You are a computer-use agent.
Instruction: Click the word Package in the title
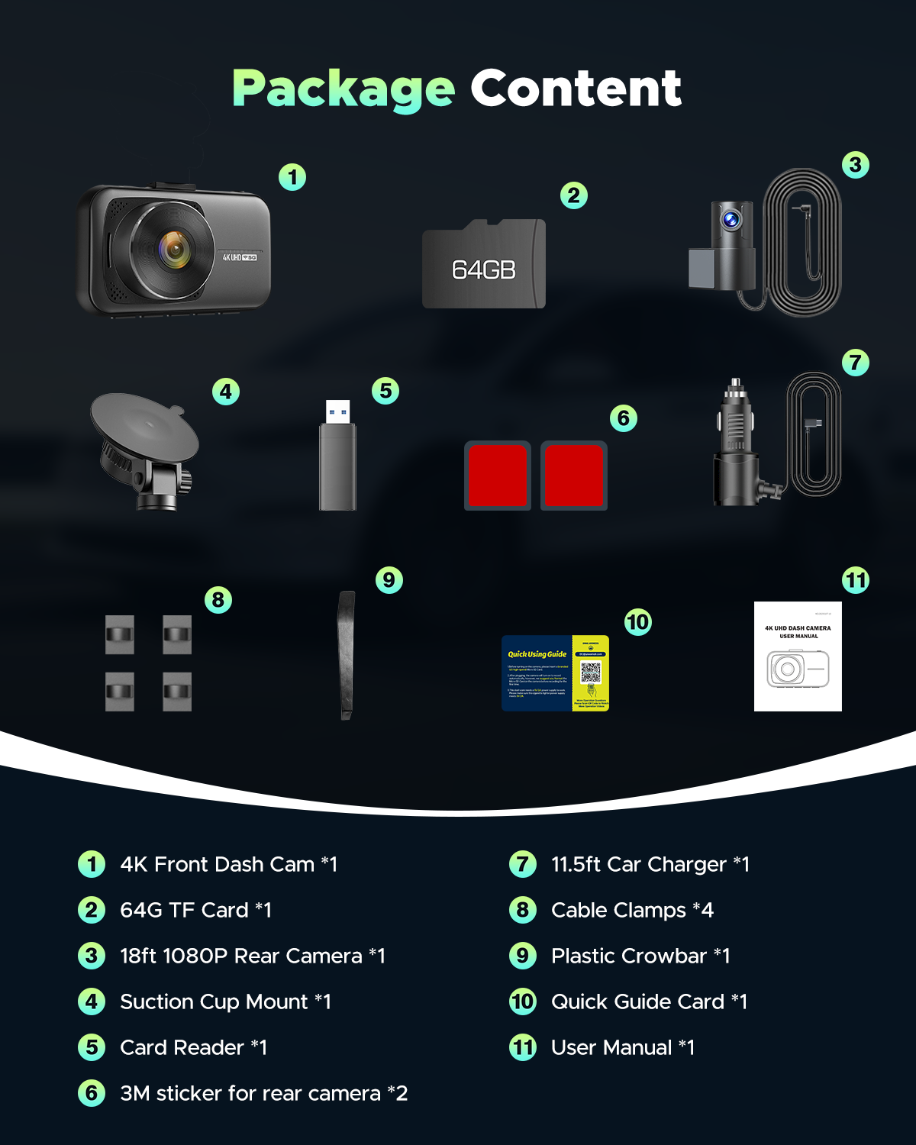pos(343,89)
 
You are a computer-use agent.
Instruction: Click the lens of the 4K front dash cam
pos(174,249)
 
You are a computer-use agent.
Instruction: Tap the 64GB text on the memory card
pos(483,269)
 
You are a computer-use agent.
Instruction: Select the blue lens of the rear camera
pos(731,221)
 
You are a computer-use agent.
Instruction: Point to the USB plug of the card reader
pos(337,412)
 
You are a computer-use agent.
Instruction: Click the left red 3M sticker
pos(497,476)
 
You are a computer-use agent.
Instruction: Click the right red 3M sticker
pos(574,476)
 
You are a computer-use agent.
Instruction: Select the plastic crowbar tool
pos(346,654)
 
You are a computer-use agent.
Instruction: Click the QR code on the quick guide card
pos(591,672)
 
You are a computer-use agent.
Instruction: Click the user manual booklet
pos(798,656)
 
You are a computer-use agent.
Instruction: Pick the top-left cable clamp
pos(120,634)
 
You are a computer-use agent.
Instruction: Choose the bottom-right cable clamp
pos(177,692)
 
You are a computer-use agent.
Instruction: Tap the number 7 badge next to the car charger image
pos(856,362)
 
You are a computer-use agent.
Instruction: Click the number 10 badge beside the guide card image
pos(637,622)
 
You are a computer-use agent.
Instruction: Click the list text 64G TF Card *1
pos(195,910)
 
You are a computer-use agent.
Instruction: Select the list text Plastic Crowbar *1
pos(640,956)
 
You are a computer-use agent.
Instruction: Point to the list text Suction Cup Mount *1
pos(225,1001)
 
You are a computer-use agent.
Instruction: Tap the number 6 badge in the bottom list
pos(92,1093)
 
